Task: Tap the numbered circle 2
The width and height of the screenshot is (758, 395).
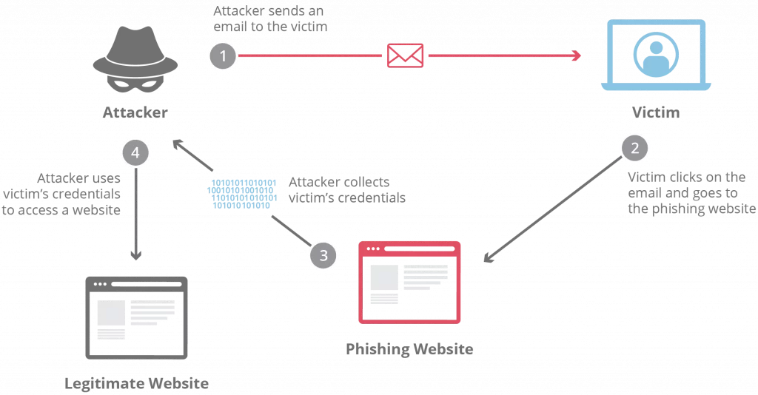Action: pyautogui.click(x=634, y=148)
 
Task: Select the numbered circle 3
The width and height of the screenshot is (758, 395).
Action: pyautogui.click(x=323, y=254)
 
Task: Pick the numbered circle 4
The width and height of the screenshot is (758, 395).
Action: pyautogui.click(x=135, y=152)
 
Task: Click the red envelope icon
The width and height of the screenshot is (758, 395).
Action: pyautogui.click(x=406, y=56)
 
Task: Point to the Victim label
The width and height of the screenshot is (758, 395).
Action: pyautogui.click(x=655, y=112)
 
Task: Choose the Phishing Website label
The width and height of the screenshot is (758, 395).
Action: pyautogui.click(x=409, y=348)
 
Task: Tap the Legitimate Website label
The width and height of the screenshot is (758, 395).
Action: pyautogui.click(x=135, y=383)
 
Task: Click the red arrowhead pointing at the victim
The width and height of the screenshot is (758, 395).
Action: pyautogui.click(x=576, y=56)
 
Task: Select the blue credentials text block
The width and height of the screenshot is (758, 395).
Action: pyautogui.click(x=244, y=194)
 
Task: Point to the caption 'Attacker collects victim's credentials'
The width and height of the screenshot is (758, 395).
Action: pyautogui.click(x=339, y=189)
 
